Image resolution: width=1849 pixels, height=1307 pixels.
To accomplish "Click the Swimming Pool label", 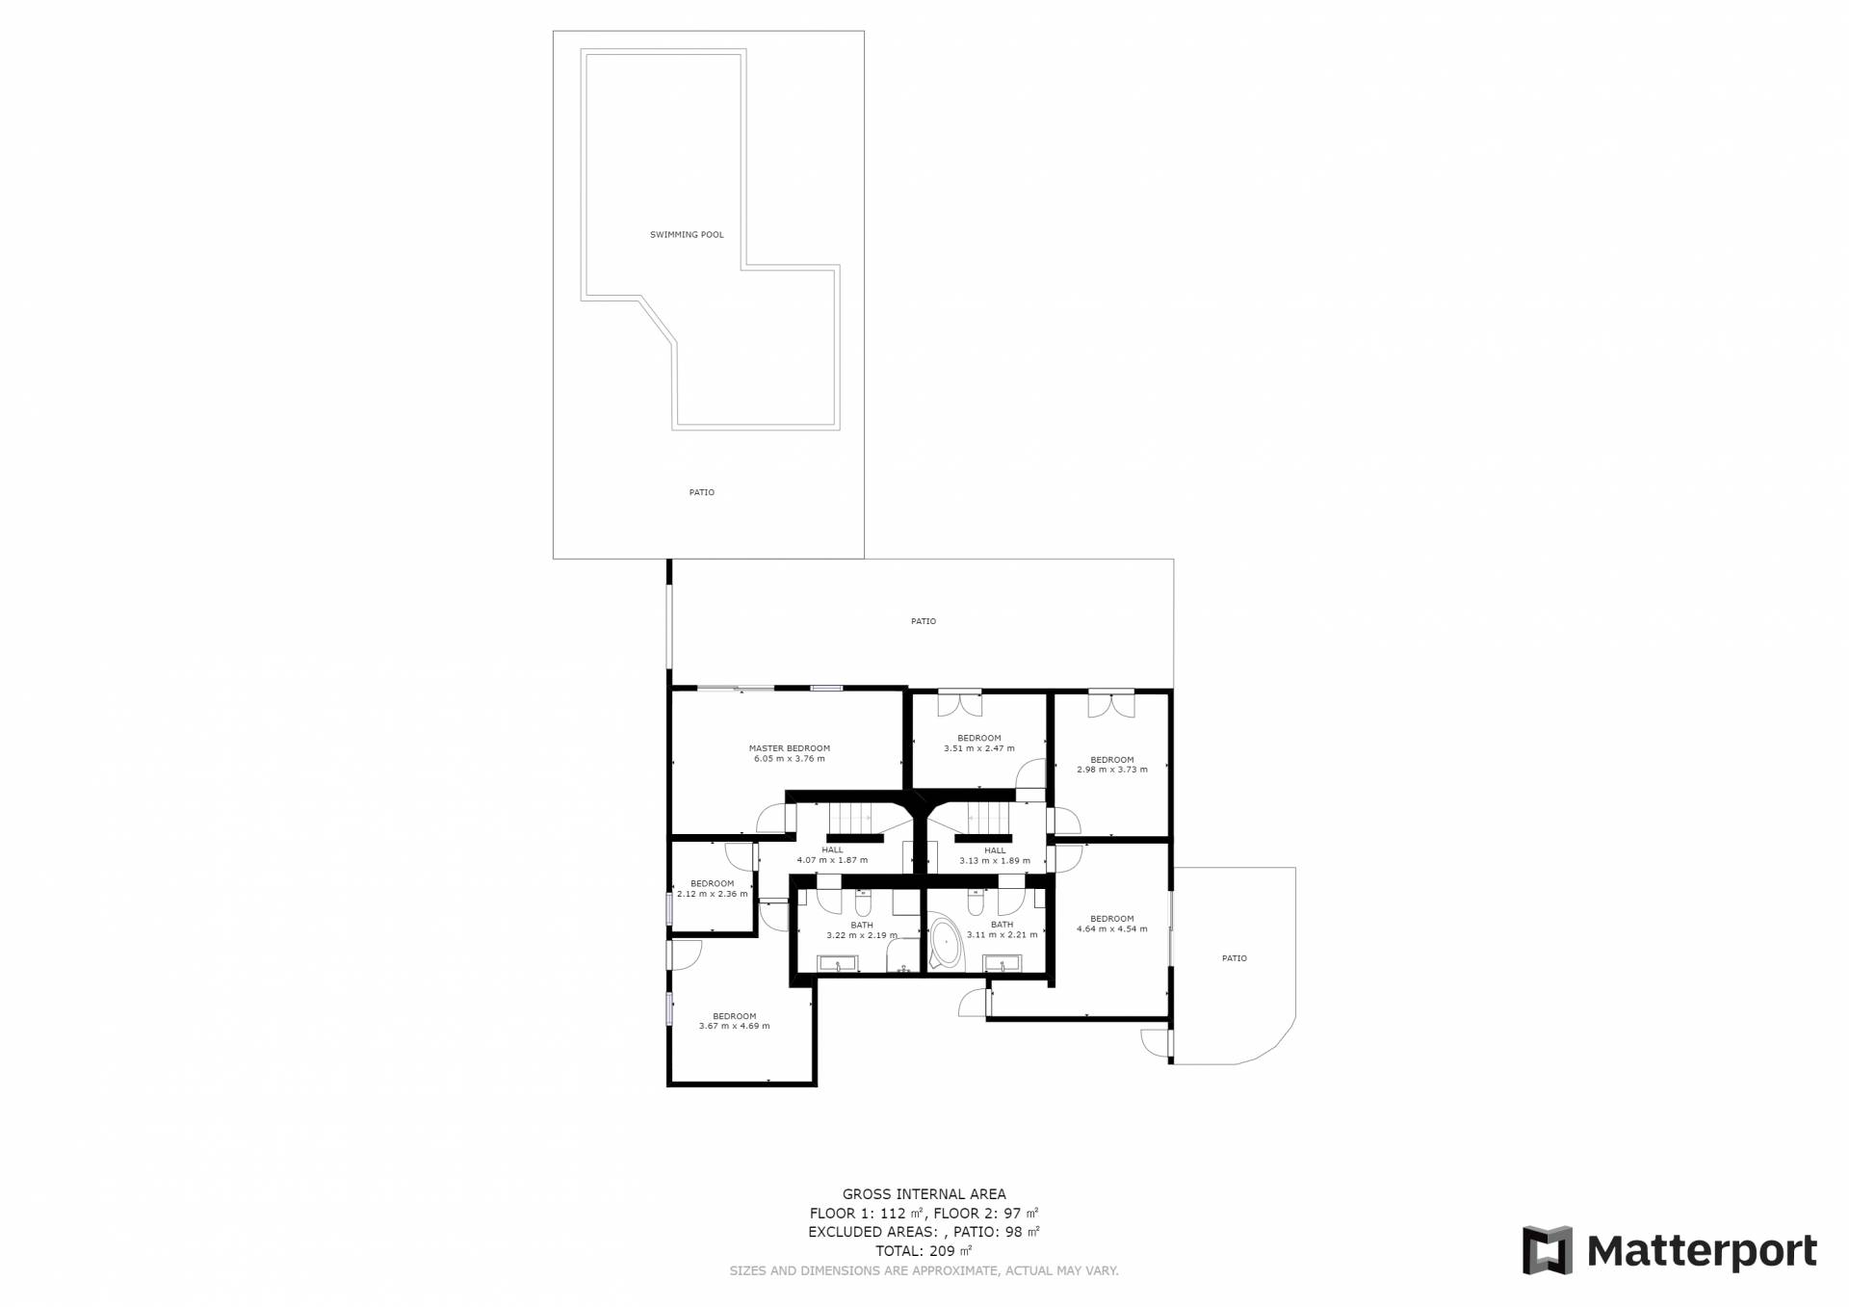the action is coord(687,235).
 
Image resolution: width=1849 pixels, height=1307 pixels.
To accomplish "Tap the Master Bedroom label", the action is coord(790,748).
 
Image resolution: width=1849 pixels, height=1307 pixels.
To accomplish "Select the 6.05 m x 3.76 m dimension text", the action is coord(790,759).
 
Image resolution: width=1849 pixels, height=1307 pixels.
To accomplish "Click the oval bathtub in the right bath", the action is coord(946,944).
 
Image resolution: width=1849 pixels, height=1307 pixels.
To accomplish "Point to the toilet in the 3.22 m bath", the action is coord(862,903).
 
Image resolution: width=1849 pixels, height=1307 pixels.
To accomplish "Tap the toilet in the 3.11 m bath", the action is coord(976,903).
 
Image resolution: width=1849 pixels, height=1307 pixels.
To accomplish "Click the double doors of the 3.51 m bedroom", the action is coord(960,703).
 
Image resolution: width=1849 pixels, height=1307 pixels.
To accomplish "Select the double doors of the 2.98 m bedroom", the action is coord(1111,705).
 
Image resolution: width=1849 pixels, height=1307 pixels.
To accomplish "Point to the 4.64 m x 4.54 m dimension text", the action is coord(1112,929).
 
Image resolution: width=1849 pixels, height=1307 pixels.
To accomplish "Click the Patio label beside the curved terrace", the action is coord(1235,958).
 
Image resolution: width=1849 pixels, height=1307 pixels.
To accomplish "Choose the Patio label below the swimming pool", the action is coord(702,493).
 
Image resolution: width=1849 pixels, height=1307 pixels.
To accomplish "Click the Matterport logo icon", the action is coord(1547,1250).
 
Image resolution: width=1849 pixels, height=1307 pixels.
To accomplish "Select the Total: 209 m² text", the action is coord(924,1251).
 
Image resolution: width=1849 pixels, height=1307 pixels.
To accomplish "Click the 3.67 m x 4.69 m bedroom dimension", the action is coord(735,1027).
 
